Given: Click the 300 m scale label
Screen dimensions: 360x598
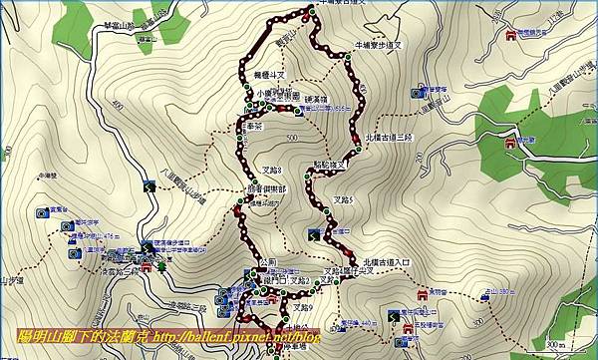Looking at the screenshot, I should (563, 343).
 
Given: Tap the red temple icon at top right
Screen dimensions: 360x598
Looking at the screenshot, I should (512, 35).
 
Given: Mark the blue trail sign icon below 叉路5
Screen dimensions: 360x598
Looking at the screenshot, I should (314, 235).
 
